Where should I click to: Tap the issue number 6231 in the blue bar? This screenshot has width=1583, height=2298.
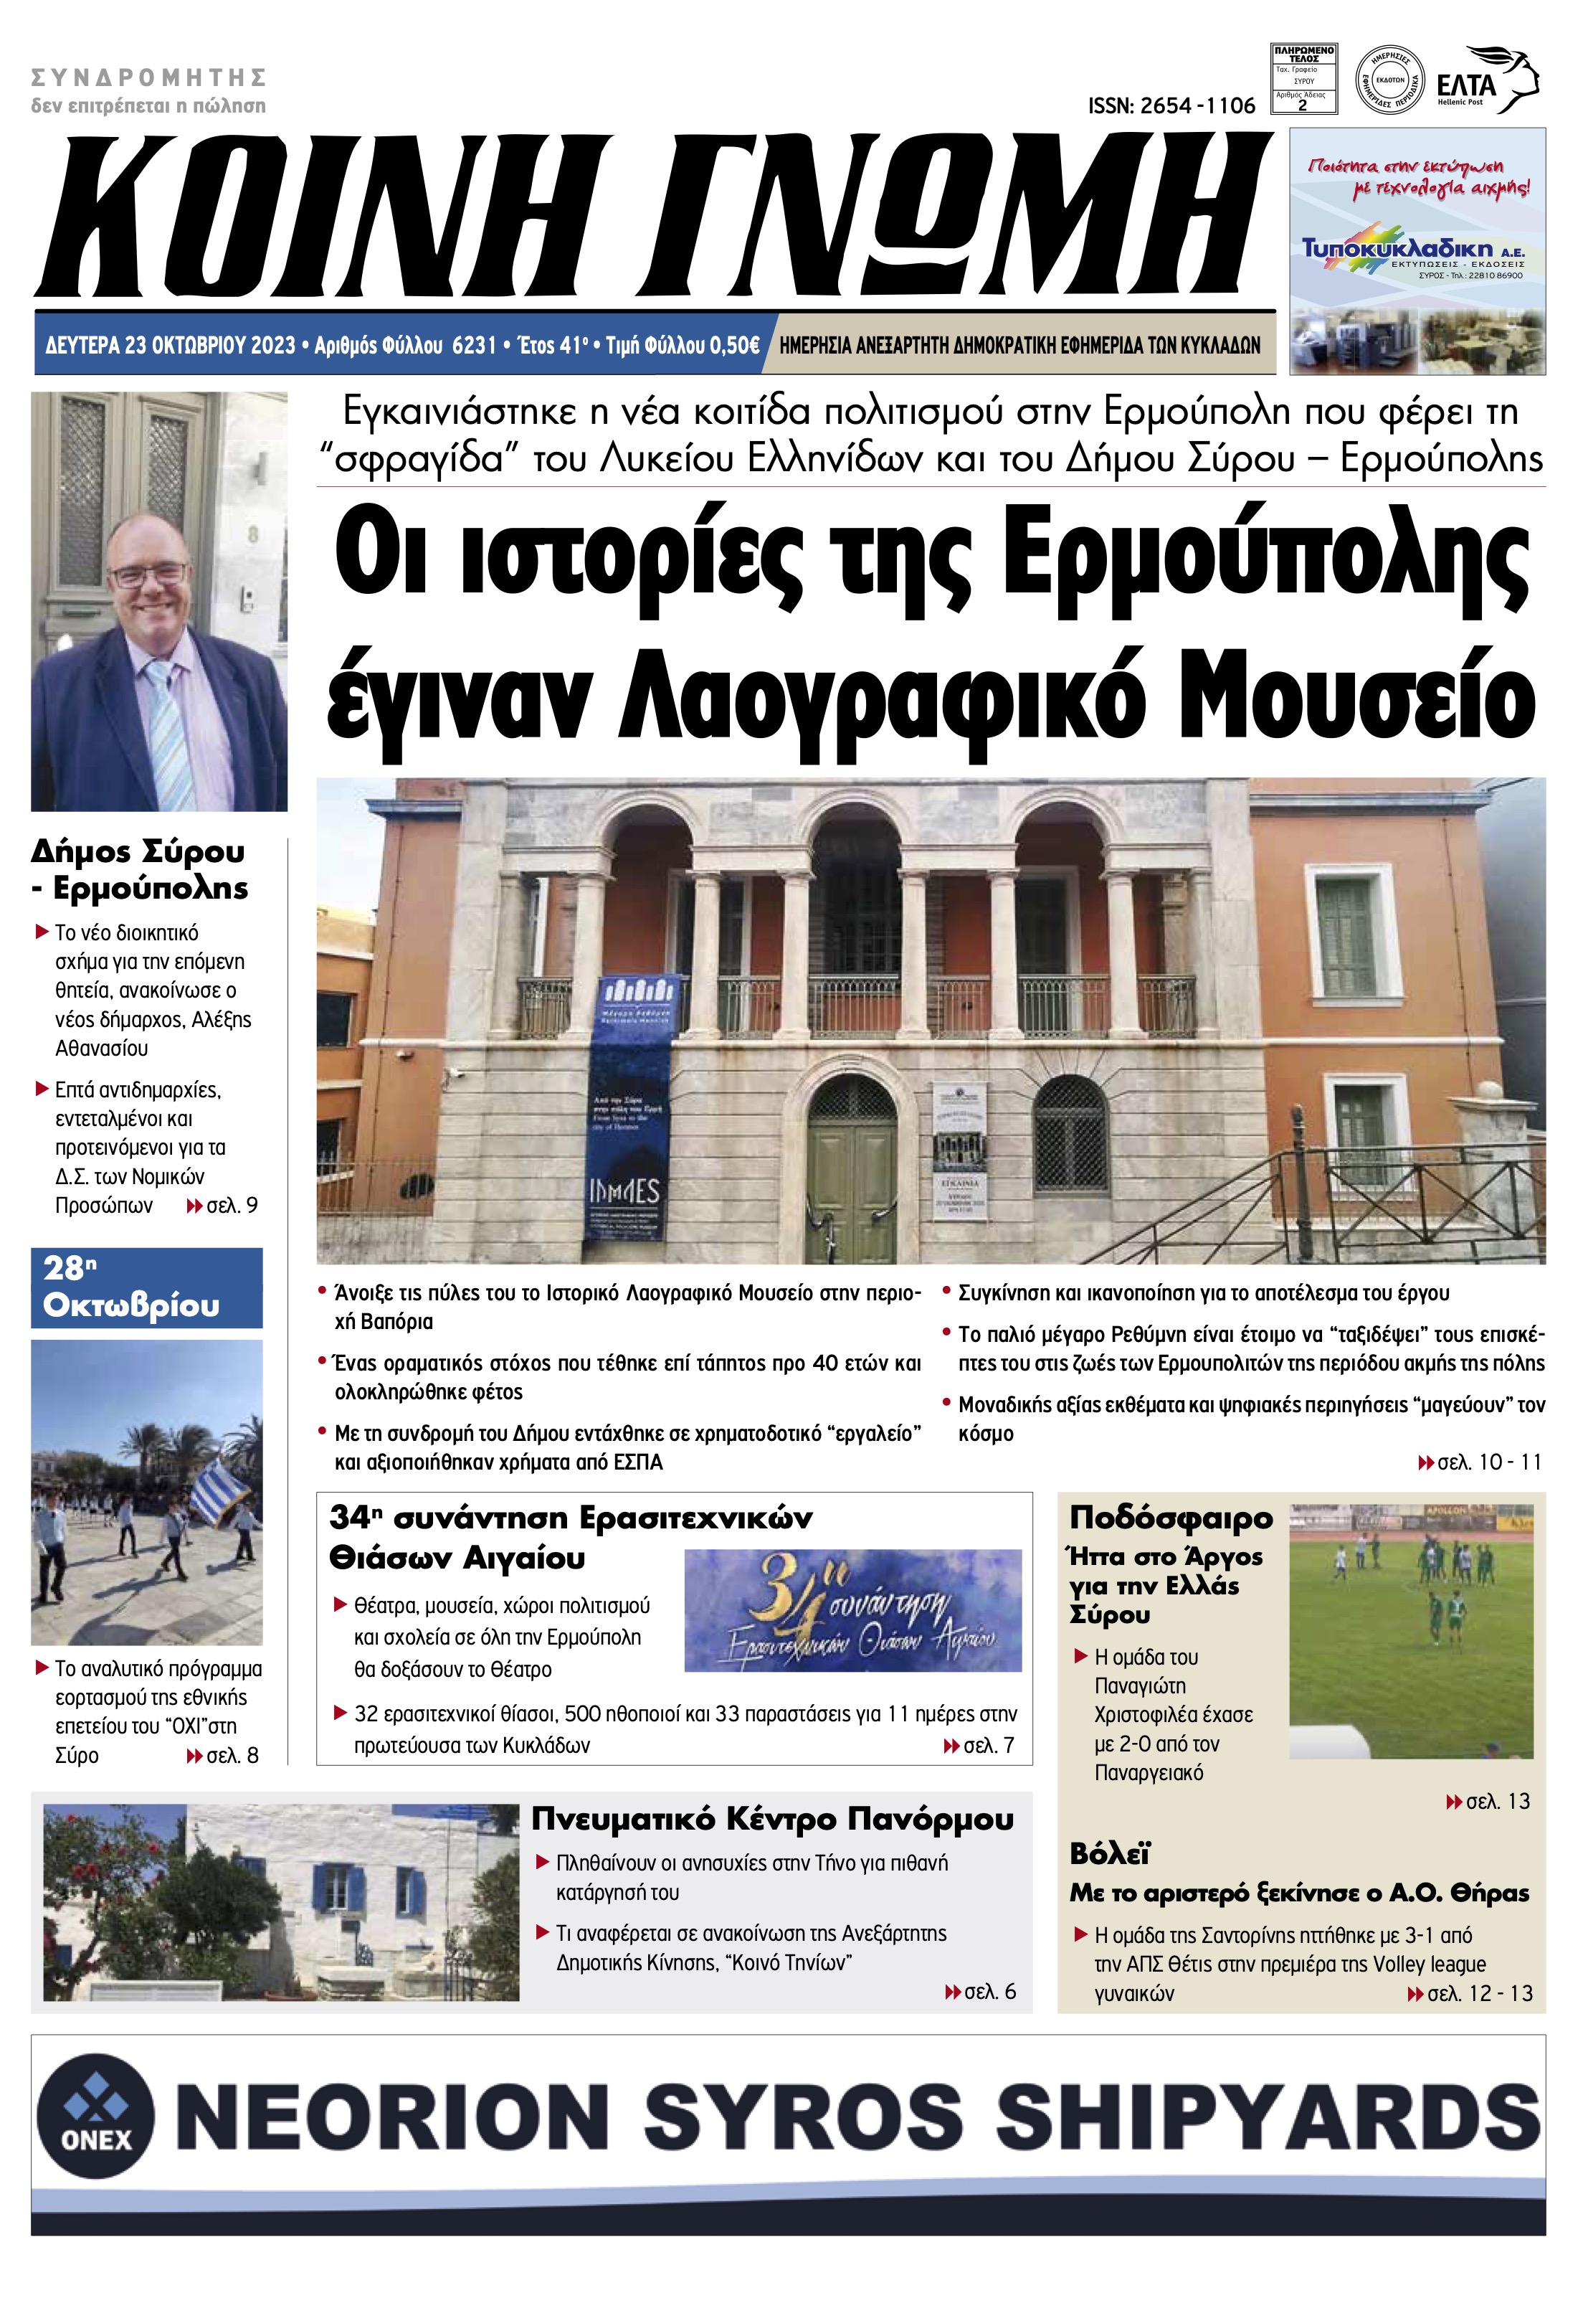(x=473, y=345)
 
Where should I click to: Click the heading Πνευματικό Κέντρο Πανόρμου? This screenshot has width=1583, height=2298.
(x=773, y=1820)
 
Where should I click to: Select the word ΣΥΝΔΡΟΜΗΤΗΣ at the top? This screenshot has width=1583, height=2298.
(x=149, y=77)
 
